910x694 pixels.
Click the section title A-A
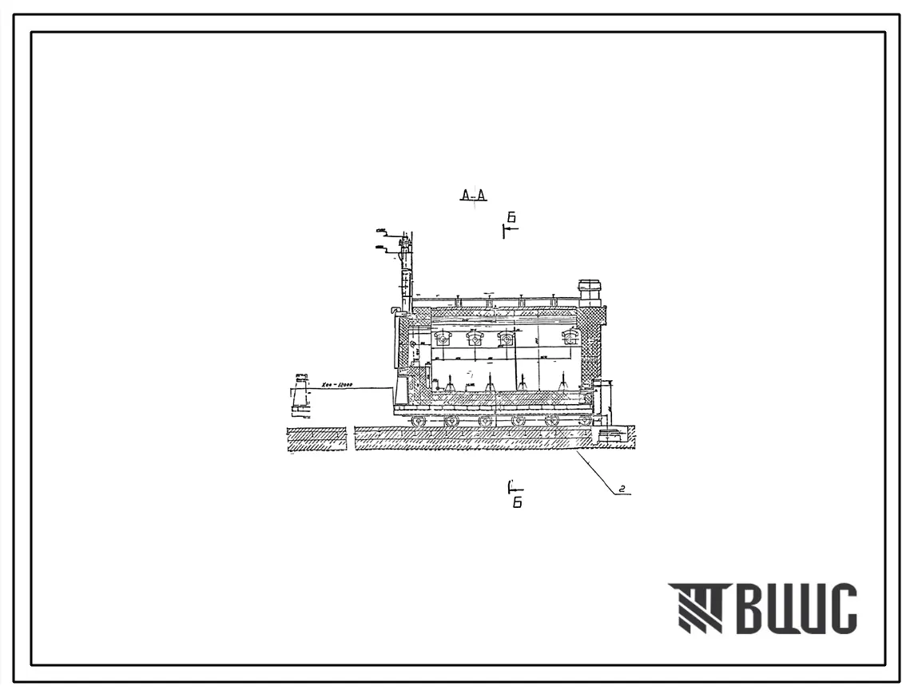click(x=474, y=195)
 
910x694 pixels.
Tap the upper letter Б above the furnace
click(x=511, y=218)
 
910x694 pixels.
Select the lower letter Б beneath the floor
click(x=518, y=503)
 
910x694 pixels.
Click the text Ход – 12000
click(x=336, y=385)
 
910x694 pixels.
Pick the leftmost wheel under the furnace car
click(x=418, y=420)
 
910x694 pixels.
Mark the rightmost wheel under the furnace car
click(x=586, y=420)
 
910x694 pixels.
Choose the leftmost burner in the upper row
click(x=442, y=338)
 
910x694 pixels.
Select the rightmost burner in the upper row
click(x=570, y=337)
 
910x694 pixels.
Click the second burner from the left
click(x=475, y=338)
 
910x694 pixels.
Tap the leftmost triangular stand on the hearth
click(x=450, y=384)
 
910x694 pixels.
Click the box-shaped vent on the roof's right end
click(x=590, y=292)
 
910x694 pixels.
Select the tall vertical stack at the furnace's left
click(x=405, y=272)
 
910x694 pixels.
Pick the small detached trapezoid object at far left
click(x=301, y=395)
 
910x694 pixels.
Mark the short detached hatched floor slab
click(x=316, y=439)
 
